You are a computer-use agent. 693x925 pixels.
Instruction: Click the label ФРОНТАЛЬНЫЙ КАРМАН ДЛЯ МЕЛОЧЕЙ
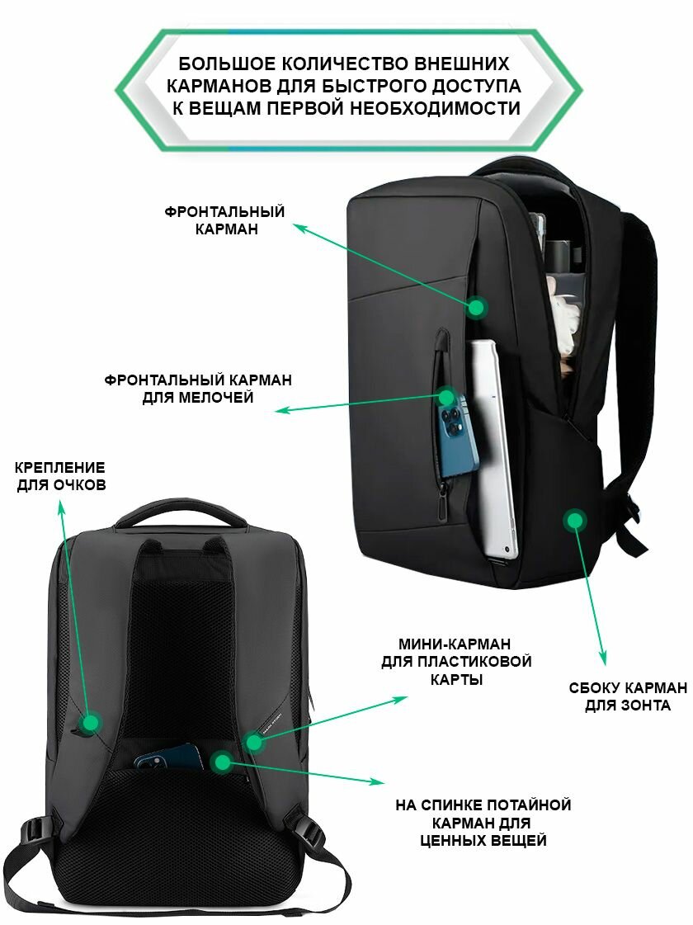tap(198, 388)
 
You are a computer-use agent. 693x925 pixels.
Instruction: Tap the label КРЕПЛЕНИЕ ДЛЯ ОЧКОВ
tap(61, 476)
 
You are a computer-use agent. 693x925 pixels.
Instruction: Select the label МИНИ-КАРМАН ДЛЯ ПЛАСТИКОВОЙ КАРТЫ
tap(456, 661)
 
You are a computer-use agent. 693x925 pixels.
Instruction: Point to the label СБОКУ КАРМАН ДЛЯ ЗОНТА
tap(628, 696)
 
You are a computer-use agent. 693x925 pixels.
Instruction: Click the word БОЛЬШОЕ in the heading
tap(227, 64)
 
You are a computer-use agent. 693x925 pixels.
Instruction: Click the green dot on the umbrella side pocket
tap(574, 520)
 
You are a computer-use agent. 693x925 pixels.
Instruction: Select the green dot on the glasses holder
tap(90, 722)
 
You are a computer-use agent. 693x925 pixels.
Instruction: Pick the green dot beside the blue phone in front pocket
tap(447, 396)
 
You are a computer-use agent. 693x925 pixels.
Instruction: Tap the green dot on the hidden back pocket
tap(223, 762)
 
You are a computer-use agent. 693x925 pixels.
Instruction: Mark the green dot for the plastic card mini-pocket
tap(253, 742)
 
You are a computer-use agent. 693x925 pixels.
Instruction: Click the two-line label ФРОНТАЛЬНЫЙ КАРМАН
tap(224, 220)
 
